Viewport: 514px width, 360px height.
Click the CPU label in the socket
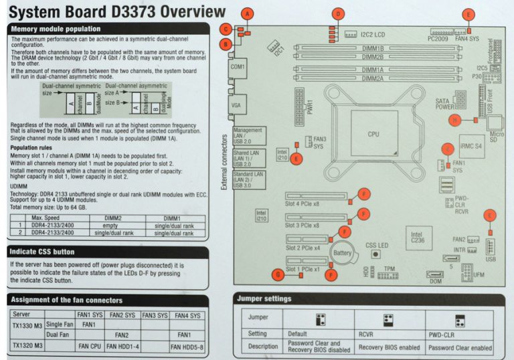tap(373, 134)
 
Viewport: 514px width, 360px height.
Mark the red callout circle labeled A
tap(248, 13)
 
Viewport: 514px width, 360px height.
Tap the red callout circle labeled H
tap(456, 120)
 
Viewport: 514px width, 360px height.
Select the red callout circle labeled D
tap(339, 13)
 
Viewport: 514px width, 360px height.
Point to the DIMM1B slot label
tap(373, 49)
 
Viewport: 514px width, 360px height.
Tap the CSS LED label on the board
tap(377, 246)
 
